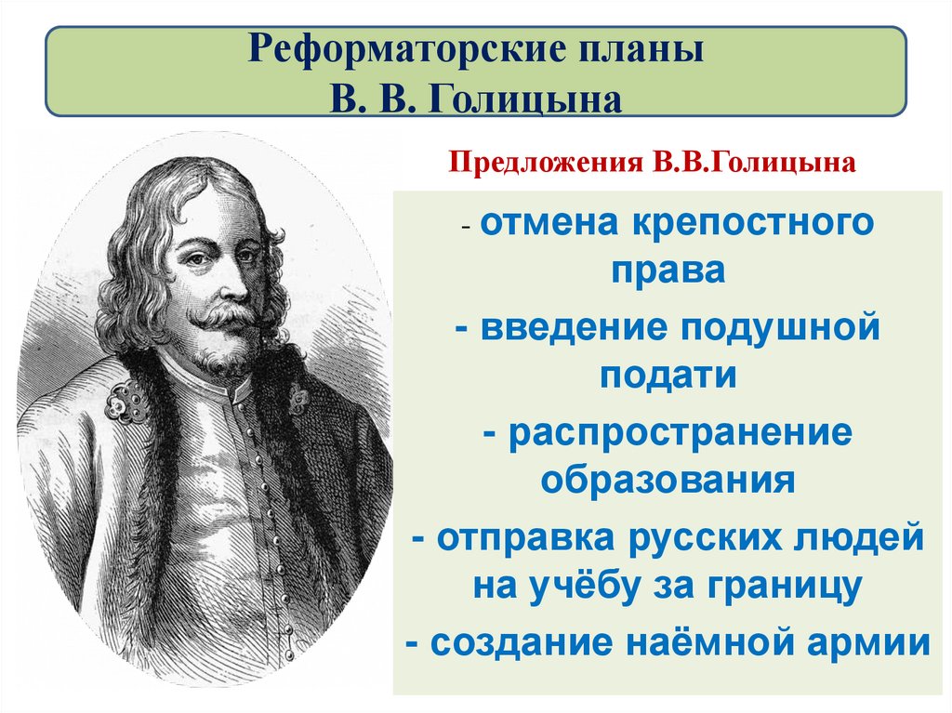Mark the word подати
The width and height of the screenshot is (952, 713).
[667, 376]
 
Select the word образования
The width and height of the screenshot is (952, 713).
[667, 481]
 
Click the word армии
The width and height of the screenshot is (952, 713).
[869, 643]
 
